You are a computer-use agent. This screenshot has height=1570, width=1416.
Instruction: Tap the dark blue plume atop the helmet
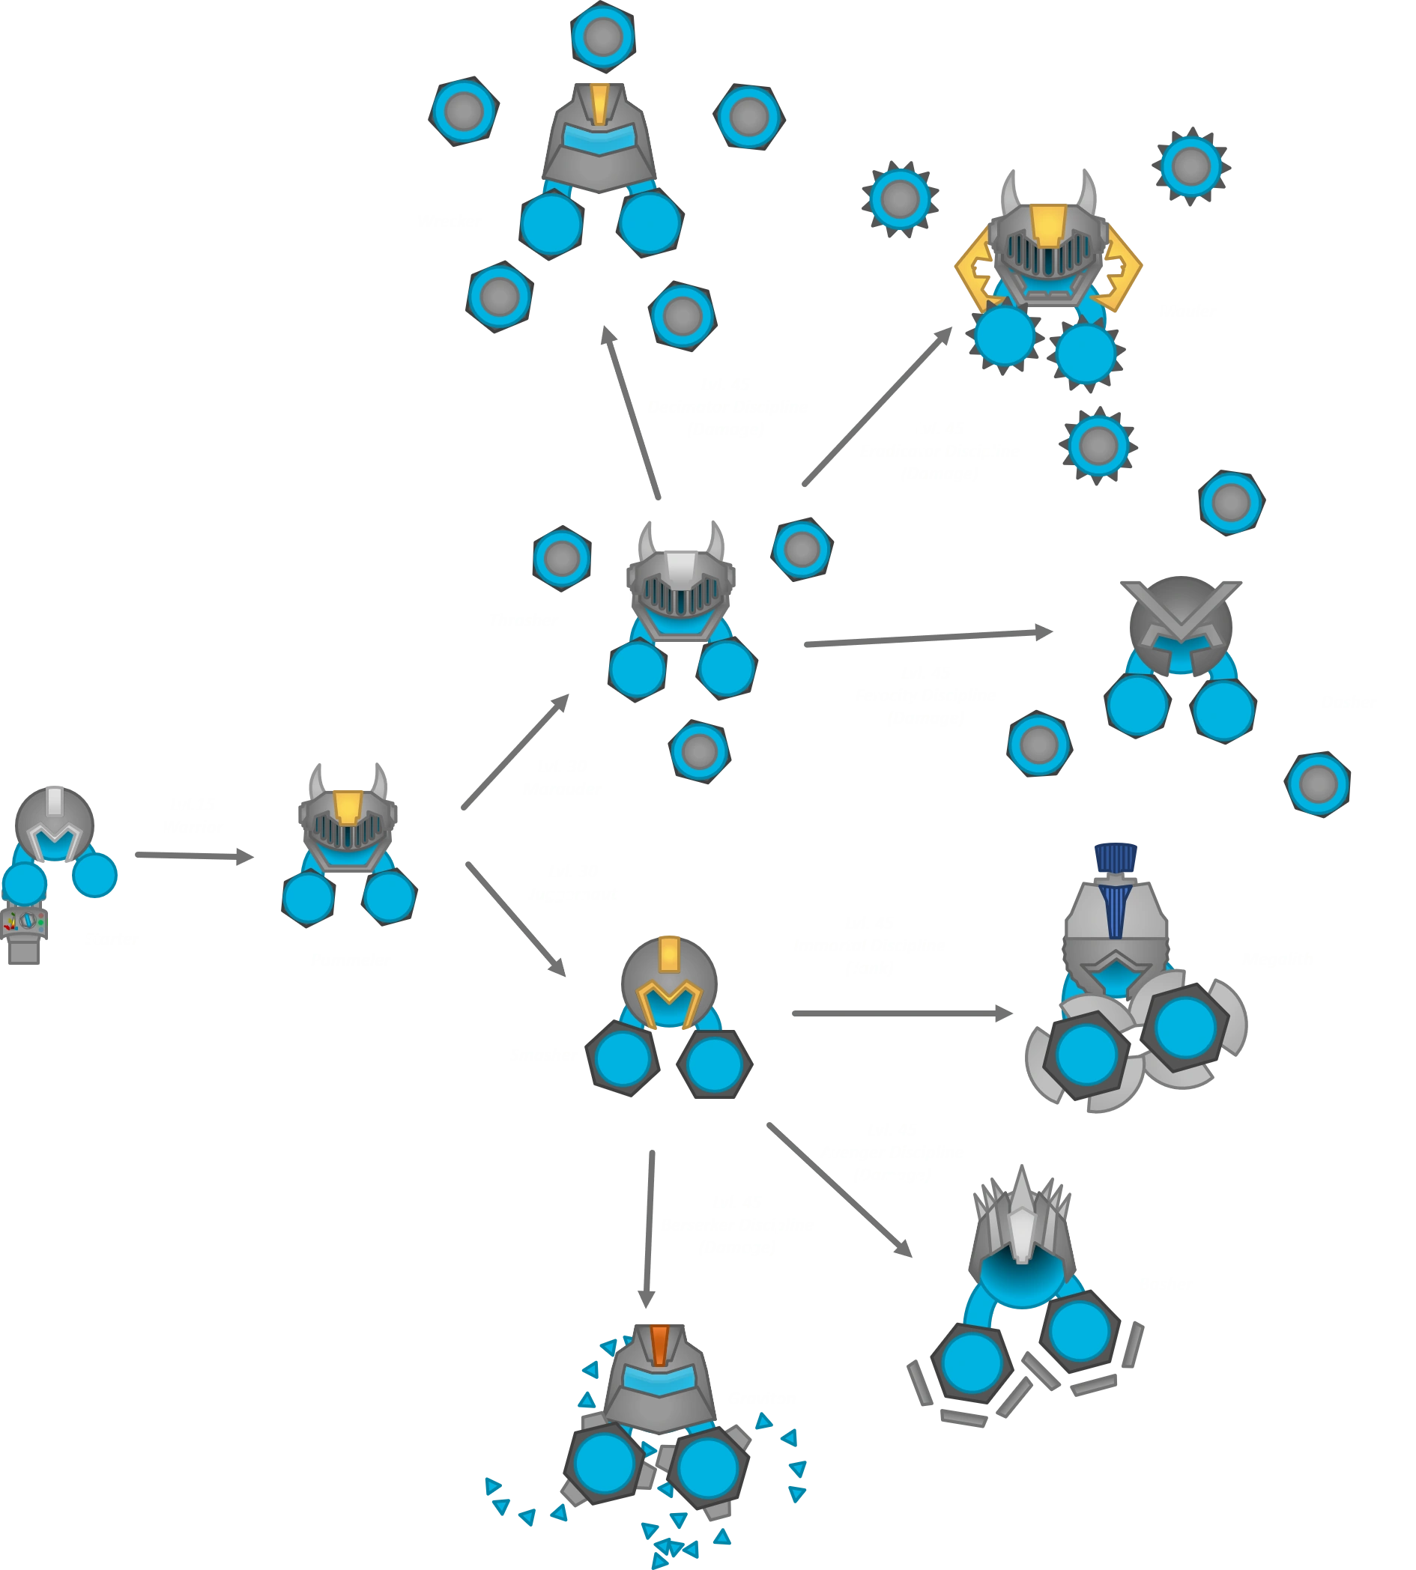tap(1116, 857)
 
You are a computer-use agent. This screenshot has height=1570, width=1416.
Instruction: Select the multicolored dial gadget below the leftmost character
tap(25, 922)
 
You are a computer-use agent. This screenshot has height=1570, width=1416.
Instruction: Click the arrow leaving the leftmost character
tap(195, 858)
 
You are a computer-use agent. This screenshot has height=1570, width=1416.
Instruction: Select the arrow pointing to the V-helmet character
tap(928, 638)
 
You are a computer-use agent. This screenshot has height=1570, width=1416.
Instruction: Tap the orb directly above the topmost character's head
tap(602, 36)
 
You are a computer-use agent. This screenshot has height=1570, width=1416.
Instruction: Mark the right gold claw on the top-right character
tap(1122, 267)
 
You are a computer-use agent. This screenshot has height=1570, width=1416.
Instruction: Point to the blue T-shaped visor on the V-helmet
tap(1180, 649)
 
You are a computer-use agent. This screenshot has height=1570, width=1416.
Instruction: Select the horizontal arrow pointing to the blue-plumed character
tap(904, 1012)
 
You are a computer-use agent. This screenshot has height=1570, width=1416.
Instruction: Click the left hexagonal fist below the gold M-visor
tap(623, 1061)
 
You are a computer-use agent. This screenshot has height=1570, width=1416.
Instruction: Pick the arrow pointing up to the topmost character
tap(631, 412)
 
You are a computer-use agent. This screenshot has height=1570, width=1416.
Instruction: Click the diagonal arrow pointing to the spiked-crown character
tap(837, 1188)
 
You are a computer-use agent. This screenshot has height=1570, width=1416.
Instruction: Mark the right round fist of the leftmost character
tap(96, 874)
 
